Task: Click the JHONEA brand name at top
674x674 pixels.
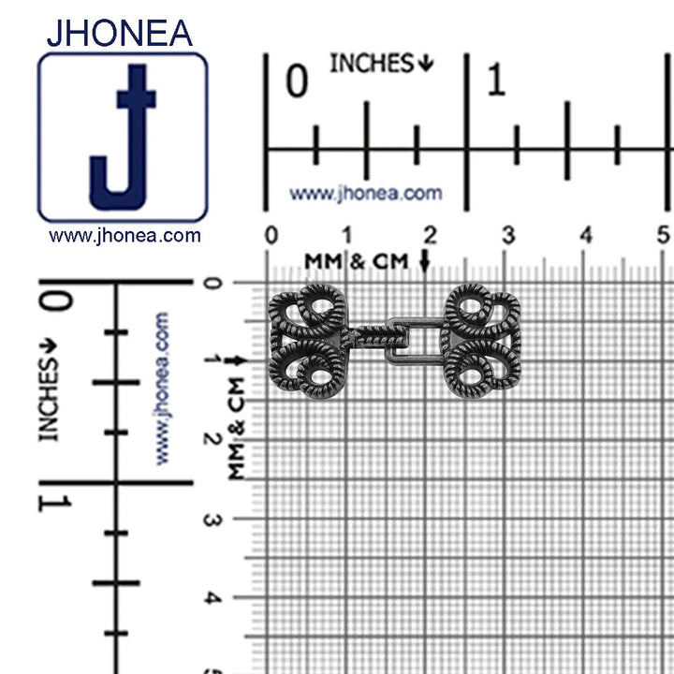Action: click(120, 33)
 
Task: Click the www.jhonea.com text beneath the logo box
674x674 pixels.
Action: click(125, 236)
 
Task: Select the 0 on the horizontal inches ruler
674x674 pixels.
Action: click(297, 81)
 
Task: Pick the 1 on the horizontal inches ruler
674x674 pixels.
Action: click(496, 79)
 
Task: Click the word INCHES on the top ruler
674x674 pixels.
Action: click(372, 64)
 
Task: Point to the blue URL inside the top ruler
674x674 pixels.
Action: click(366, 194)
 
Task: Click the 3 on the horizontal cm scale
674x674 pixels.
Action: click(508, 235)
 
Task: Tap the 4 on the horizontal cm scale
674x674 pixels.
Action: click(586, 235)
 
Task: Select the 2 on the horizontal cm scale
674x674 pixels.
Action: click(430, 235)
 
